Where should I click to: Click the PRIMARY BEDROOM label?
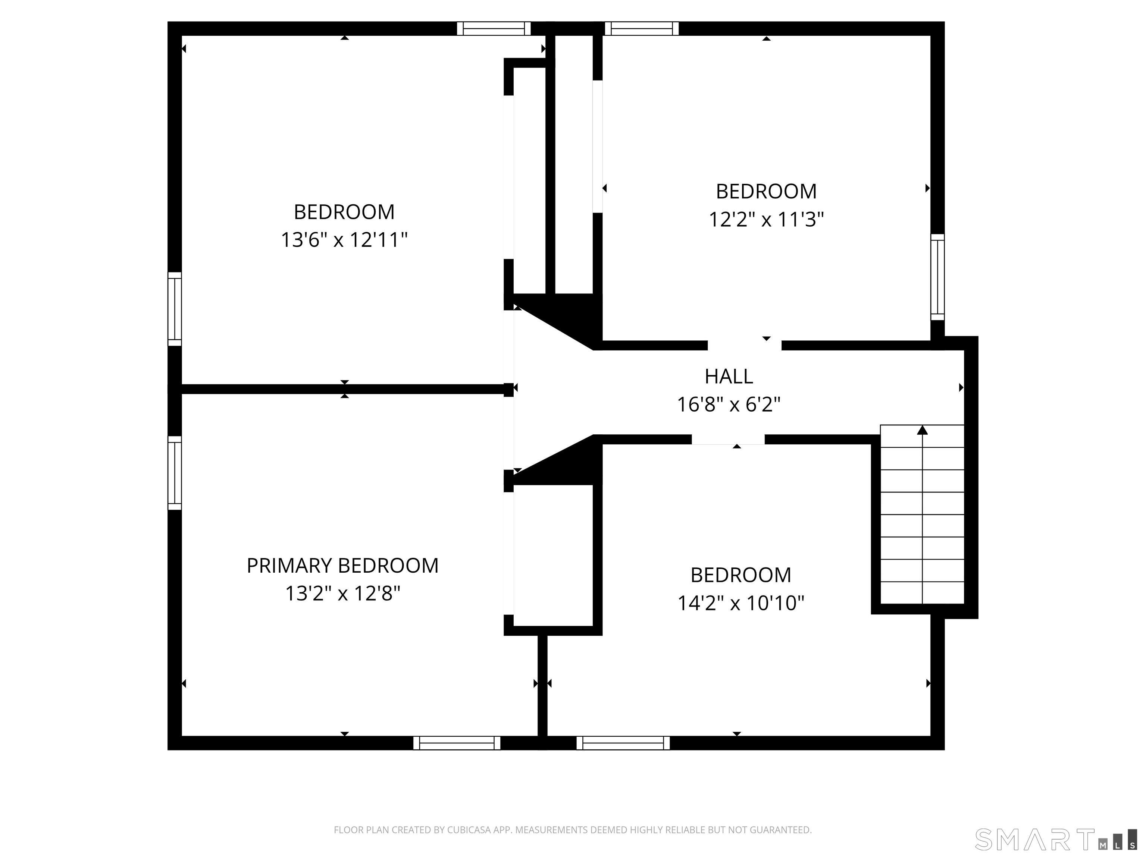point(342,566)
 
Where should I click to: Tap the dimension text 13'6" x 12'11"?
point(344,240)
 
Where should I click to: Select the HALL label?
point(729,377)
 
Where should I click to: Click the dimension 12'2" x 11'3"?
point(766,220)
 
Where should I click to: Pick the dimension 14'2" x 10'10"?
point(740,603)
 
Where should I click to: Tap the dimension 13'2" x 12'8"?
point(342,594)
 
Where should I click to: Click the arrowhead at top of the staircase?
point(922,430)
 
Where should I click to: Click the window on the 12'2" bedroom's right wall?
point(937,277)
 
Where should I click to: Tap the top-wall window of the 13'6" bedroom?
point(494,28)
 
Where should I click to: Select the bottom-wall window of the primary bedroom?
point(457,743)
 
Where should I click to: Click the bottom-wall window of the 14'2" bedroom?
point(623,743)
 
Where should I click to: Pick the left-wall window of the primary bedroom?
point(175,473)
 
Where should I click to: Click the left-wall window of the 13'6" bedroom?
point(175,309)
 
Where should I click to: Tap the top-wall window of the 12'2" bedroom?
point(641,28)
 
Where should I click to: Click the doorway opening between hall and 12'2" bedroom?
point(745,345)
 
